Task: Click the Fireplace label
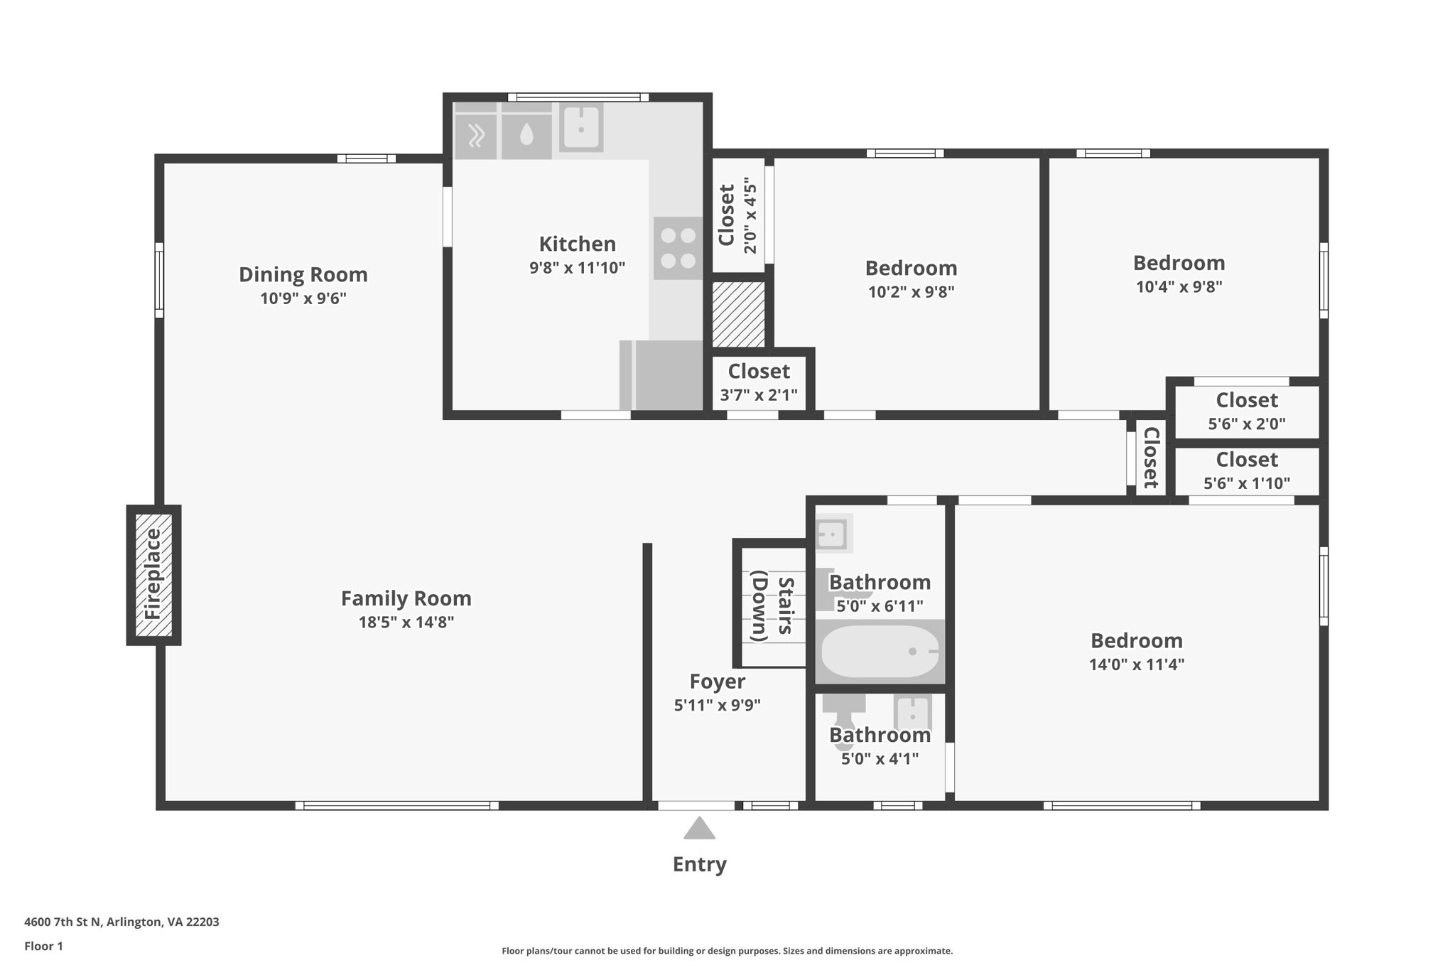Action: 153,574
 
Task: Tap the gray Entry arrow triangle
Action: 699,828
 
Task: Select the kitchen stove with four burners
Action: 678,248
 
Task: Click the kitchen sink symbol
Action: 581,127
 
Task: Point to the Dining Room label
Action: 303,274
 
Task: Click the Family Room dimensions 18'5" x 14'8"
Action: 406,623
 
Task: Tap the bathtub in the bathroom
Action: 880,651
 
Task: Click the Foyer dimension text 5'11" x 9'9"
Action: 718,706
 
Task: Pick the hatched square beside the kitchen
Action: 739,314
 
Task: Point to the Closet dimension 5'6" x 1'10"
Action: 1247,483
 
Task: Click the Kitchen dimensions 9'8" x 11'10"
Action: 578,268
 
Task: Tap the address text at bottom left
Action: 121,922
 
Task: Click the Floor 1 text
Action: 43,946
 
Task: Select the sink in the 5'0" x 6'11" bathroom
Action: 833,534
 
